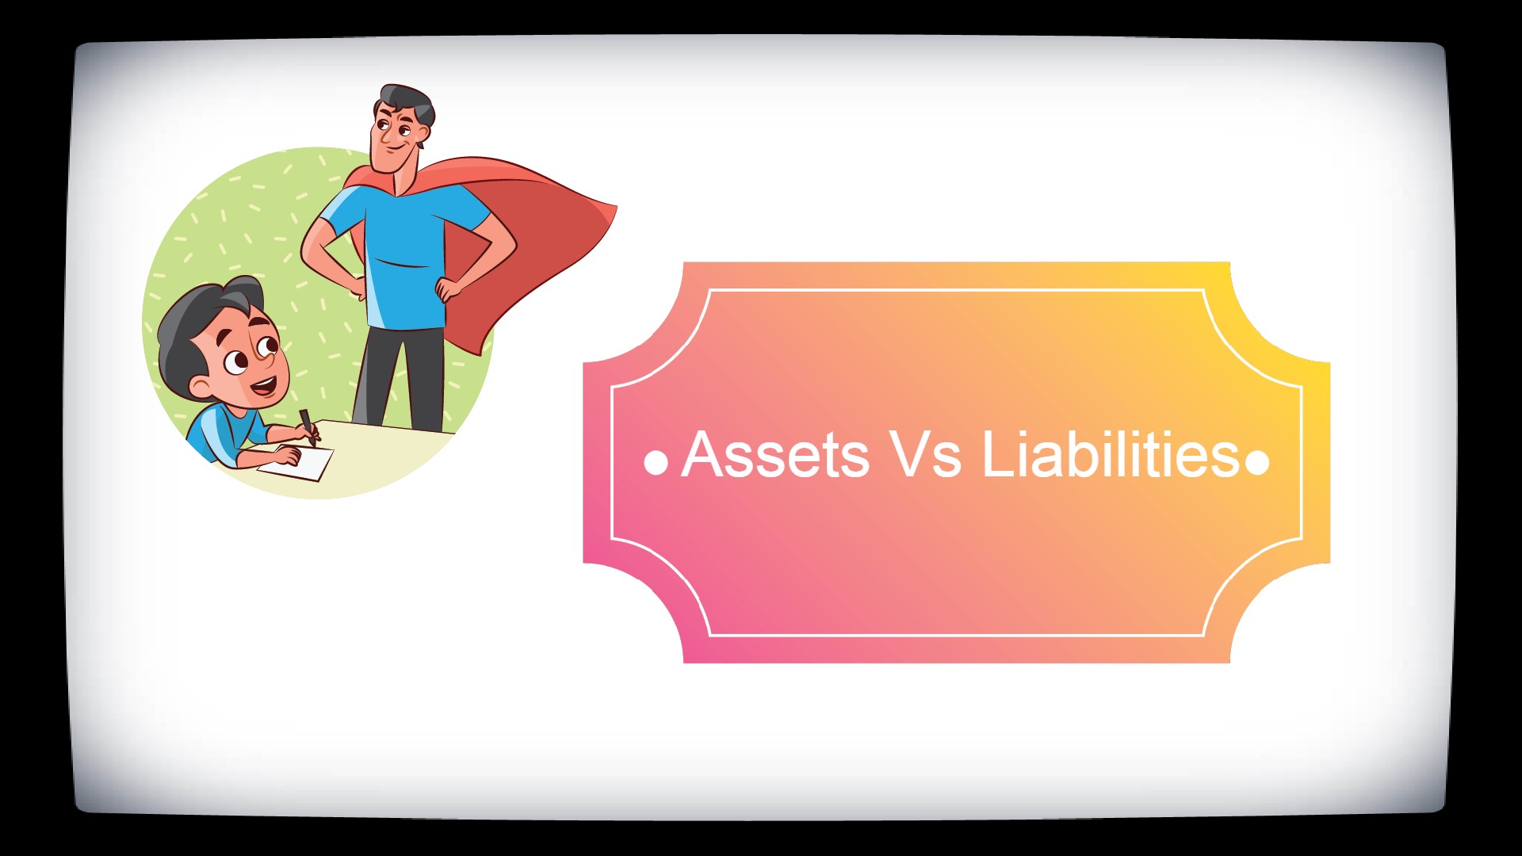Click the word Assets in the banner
pyautogui.click(x=774, y=455)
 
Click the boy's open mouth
pyautogui.click(x=264, y=388)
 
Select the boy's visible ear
pyautogui.click(x=201, y=388)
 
